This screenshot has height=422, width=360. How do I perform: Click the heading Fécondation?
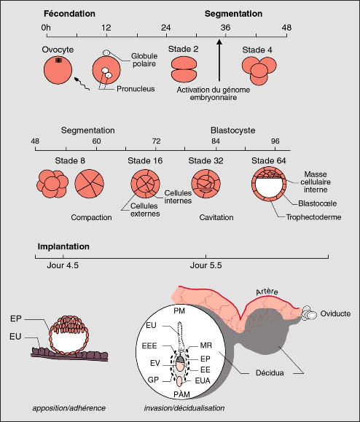(x=69, y=13)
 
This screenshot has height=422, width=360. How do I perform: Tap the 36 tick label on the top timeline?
(x=225, y=28)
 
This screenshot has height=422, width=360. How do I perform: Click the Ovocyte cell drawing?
(x=58, y=70)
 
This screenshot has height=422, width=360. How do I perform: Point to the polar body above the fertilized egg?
(x=106, y=52)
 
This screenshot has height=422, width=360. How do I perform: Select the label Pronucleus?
(x=136, y=89)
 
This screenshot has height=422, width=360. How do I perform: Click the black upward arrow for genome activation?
(x=219, y=60)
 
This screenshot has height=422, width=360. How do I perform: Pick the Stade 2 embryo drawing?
(x=184, y=69)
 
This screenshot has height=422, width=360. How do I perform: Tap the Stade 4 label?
(x=257, y=50)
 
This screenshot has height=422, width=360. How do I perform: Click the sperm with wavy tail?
(x=82, y=83)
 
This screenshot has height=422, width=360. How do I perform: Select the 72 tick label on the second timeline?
(x=156, y=141)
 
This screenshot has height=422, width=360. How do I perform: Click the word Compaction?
(x=91, y=217)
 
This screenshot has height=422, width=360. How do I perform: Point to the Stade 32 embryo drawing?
(x=206, y=184)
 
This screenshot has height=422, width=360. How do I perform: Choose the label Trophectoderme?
(x=313, y=217)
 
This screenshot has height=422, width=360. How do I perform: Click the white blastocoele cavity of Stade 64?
(x=269, y=188)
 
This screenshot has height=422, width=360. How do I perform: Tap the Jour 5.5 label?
(x=206, y=265)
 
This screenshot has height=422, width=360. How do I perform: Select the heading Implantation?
(x=63, y=246)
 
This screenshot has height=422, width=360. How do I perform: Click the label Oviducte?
(x=335, y=313)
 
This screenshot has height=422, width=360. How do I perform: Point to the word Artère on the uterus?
(x=267, y=292)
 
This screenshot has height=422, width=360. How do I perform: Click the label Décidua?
(x=270, y=372)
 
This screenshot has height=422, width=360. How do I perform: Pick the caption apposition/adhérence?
(x=69, y=408)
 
